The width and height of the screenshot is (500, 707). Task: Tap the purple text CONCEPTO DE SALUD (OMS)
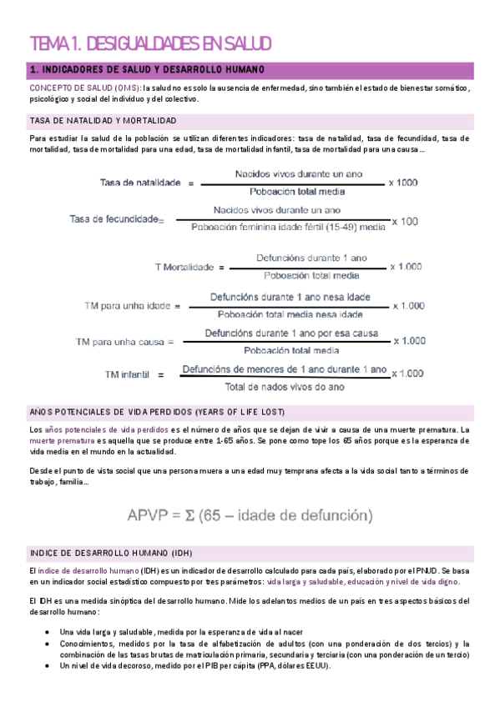[x=84, y=88]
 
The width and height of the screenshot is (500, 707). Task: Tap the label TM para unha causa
[x=124, y=342]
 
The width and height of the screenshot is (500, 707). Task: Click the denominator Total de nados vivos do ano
[x=284, y=387]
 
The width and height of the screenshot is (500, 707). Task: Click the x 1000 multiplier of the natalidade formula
[x=403, y=183]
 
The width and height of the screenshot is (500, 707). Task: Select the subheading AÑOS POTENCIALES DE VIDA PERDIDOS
[x=157, y=413]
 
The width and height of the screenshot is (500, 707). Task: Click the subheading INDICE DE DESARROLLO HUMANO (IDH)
[x=110, y=553]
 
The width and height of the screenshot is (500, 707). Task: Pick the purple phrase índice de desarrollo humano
[x=88, y=570]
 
